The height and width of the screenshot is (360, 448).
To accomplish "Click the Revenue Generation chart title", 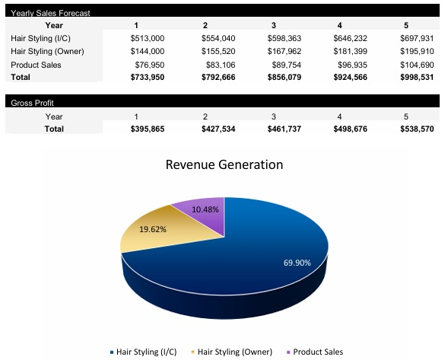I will (x=224, y=165).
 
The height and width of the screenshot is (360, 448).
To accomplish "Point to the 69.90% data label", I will (x=297, y=263).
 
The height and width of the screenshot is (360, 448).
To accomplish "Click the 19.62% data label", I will (x=153, y=228).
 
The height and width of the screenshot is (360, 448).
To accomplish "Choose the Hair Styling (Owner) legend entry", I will (x=235, y=352).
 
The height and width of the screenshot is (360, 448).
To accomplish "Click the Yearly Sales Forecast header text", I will (x=49, y=13).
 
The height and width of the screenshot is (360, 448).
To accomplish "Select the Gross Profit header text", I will (x=33, y=103).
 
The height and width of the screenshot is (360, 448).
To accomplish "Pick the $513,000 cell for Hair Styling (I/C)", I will (x=148, y=38).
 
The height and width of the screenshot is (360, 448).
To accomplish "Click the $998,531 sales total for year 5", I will (x=416, y=78).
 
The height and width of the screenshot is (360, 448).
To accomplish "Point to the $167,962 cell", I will (x=284, y=51).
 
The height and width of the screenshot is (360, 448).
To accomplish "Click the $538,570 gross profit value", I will (x=416, y=129).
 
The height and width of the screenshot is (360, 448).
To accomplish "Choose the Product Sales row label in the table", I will (x=36, y=65).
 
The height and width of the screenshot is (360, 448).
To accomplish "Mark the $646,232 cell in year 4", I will (x=350, y=38).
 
